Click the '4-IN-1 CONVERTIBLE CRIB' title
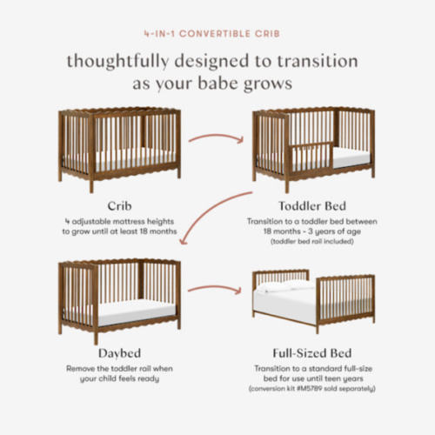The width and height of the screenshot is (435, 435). (x=217, y=36)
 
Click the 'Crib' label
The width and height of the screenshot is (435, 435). (x=119, y=206)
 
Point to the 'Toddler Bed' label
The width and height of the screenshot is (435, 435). (x=312, y=206)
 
